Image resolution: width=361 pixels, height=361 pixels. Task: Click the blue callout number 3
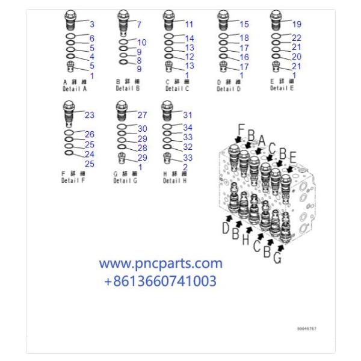tap(92, 25)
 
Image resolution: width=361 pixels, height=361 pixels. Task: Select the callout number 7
tap(139, 25)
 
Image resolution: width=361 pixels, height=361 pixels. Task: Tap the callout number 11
tap(189, 25)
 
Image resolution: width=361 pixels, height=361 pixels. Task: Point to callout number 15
tap(244, 25)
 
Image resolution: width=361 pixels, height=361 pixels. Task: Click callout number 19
tap(297, 25)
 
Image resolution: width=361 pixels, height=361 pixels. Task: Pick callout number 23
tap(89, 115)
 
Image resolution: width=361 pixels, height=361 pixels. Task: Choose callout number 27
tap(142, 115)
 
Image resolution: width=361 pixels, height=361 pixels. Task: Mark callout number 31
tap(188, 115)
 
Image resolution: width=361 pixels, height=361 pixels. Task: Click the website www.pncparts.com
tap(160, 264)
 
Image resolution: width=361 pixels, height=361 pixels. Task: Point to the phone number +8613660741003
tap(160, 280)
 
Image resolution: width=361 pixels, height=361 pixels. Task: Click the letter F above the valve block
tap(241, 129)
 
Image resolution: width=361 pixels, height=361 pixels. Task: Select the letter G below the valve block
tap(277, 259)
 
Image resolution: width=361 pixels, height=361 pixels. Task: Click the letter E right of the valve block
tap(292, 157)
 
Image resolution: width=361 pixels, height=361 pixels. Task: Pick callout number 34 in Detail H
tap(188, 128)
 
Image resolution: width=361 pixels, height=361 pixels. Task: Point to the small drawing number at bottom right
tap(306, 329)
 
